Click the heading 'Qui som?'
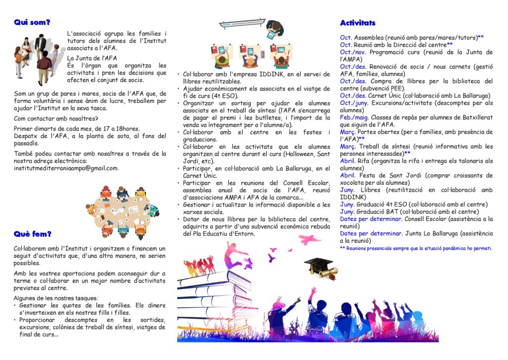pyautogui.click(x=32, y=22)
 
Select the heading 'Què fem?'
pyautogui.click(x=33, y=233)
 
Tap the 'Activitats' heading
pyautogui.click(x=357, y=23)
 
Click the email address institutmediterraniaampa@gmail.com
pyautogui.click(x=65, y=168)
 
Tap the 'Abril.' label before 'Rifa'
pyautogui.click(x=347, y=161)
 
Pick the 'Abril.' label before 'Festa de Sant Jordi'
pyautogui.click(x=347, y=175)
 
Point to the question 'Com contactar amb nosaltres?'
pyautogui.click(x=56, y=118)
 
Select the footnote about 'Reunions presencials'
pyautogui.click(x=416, y=248)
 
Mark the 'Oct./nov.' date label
pyautogui.click(x=353, y=52)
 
